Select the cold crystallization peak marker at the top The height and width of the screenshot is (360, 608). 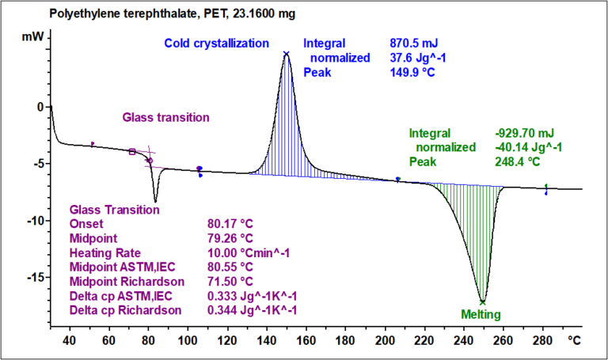[286, 54]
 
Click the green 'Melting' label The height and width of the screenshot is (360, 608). [481, 314]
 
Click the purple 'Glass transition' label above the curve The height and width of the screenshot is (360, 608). [165, 117]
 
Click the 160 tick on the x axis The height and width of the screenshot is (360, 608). [305, 341]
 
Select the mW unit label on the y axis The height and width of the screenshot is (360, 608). [32, 37]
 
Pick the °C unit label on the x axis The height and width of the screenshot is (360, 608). [574, 341]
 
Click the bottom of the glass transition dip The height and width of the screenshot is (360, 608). [155, 200]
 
